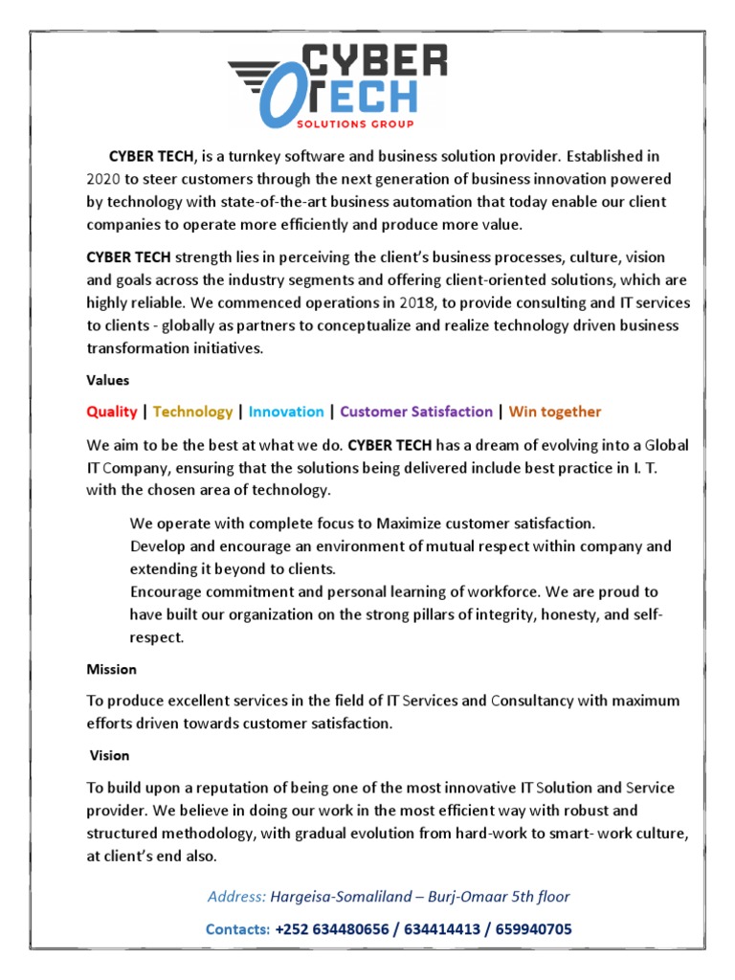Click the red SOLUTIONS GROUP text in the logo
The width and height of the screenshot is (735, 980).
[x=367, y=123]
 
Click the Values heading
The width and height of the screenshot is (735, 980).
[x=108, y=380]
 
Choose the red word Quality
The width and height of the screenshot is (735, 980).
[x=112, y=412]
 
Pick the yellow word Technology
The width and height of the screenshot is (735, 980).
[x=192, y=412]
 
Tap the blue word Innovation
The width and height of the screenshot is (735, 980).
[x=286, y=412]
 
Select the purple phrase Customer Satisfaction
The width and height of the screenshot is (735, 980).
[x=416, y=412]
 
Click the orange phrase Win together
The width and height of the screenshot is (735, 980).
[x=555, y=412]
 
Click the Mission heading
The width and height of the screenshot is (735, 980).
[x=111, y=669]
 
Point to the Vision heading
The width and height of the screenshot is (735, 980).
[x=109, y=755]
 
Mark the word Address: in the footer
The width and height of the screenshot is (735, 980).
[x=237, y=897]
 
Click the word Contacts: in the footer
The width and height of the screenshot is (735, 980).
[x=237, y=929]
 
